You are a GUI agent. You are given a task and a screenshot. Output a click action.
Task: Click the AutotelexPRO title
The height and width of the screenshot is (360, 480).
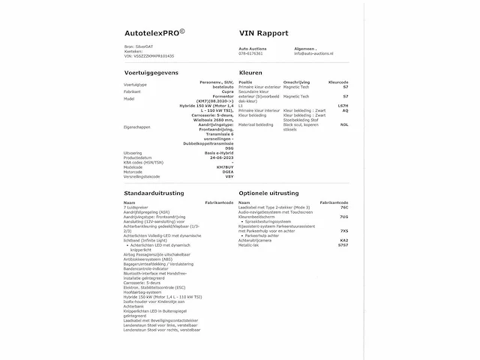[152, 34]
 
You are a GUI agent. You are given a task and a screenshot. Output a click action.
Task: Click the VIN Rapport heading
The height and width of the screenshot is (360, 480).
[264, 34]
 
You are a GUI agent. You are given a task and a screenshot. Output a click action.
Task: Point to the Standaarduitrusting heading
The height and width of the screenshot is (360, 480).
[157, 193]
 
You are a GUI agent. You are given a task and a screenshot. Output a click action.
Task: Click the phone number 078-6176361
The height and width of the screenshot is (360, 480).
[252, 53]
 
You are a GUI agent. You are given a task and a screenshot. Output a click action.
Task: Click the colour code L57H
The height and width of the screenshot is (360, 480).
[343, 106]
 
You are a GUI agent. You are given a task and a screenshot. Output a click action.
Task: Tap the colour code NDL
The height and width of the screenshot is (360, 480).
[344, 124]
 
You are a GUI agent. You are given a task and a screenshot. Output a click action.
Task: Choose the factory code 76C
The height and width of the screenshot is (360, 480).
[344, 207]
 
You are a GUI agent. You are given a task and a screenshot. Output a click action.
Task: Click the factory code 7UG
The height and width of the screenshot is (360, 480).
[344, 217]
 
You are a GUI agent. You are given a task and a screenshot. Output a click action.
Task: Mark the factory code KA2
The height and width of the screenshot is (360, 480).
[344, 240]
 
